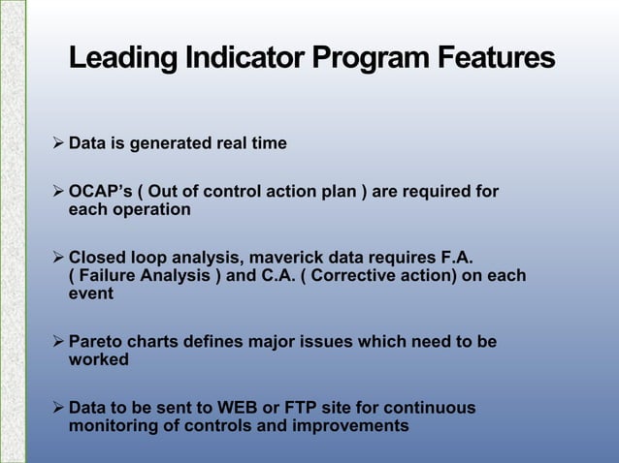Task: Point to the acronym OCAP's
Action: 99,192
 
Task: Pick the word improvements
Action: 354,426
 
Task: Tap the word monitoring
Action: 113,426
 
